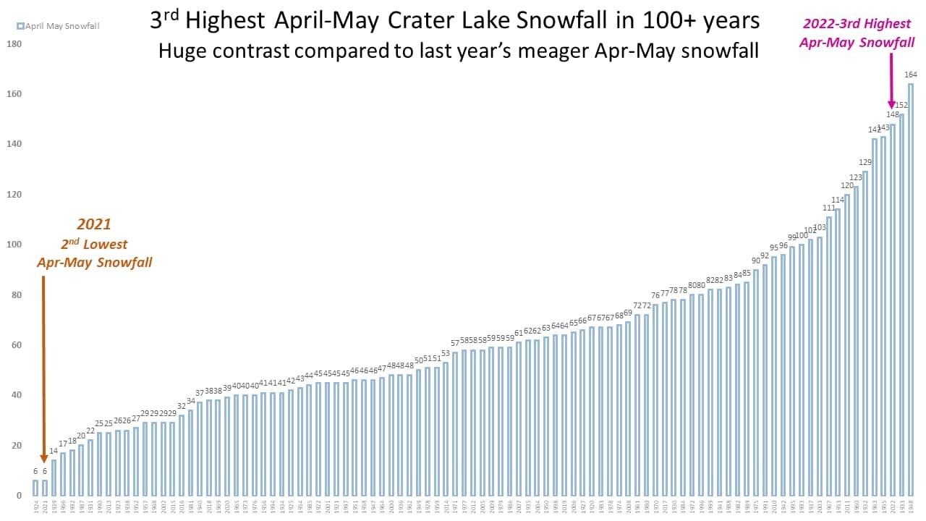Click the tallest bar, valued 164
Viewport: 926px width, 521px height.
pos(910,289)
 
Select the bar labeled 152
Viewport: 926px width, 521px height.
pos(901,304)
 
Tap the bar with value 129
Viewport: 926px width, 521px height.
pos(865,333)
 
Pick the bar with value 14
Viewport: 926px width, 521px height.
pos(54,478)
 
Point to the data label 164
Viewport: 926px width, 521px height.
pos(910,75)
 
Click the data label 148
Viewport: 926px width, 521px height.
pos(892,115)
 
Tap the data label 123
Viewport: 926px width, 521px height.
pos(856,178)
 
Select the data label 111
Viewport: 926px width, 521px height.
pos(829,208)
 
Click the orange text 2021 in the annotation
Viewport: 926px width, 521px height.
pos(94,224)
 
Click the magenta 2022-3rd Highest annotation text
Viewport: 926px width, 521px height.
pos(858,24)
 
